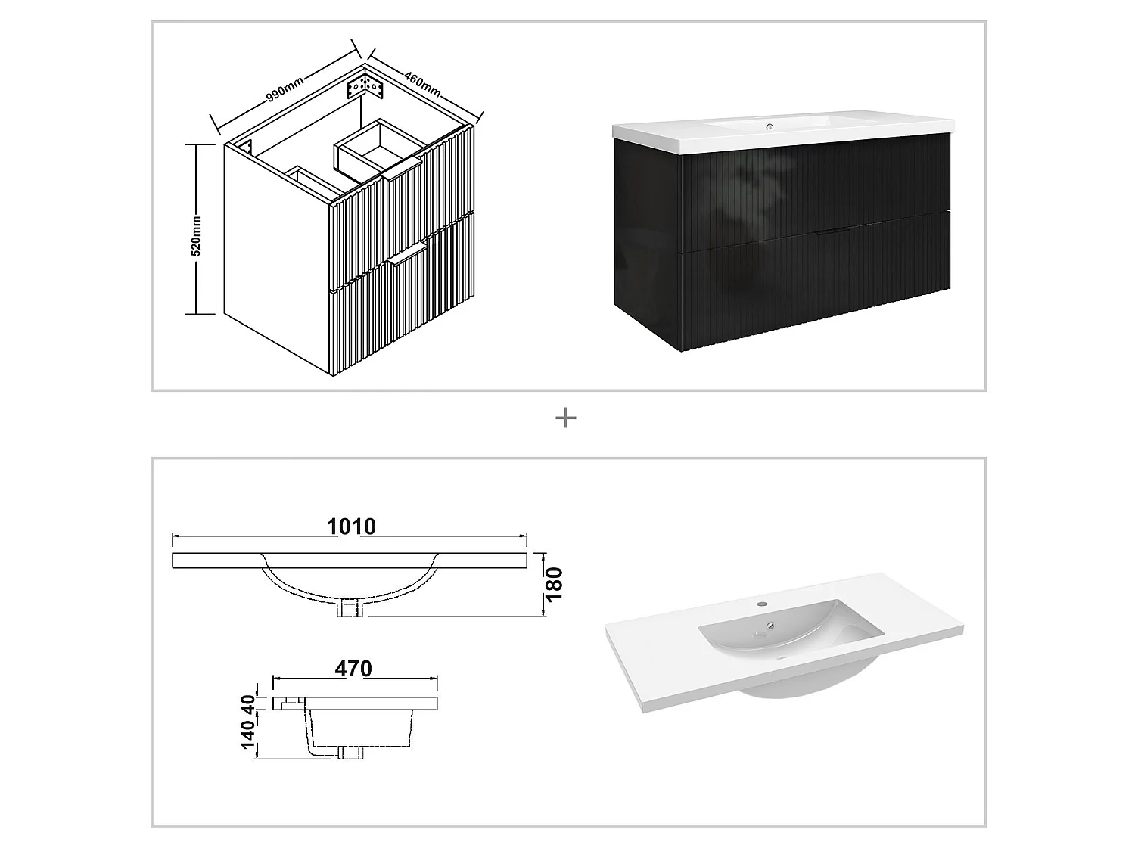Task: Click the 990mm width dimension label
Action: [x=285, y=89]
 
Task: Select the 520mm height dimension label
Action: [x=196, y=236]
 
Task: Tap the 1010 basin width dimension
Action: [x=351, y=526]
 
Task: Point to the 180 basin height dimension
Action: [x=555, y=583]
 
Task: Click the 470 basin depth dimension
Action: [x=353, y=669]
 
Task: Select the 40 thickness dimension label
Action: [x=247, y=703]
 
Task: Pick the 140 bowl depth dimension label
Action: [x=247, y=735]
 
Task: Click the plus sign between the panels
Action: [x=565, y=418]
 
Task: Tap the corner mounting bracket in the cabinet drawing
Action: [x=365, y=87]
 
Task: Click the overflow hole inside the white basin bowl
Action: [x=770, y=626]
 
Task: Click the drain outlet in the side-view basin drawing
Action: [x=350, y=752]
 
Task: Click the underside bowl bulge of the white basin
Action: [x=787, y=685]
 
